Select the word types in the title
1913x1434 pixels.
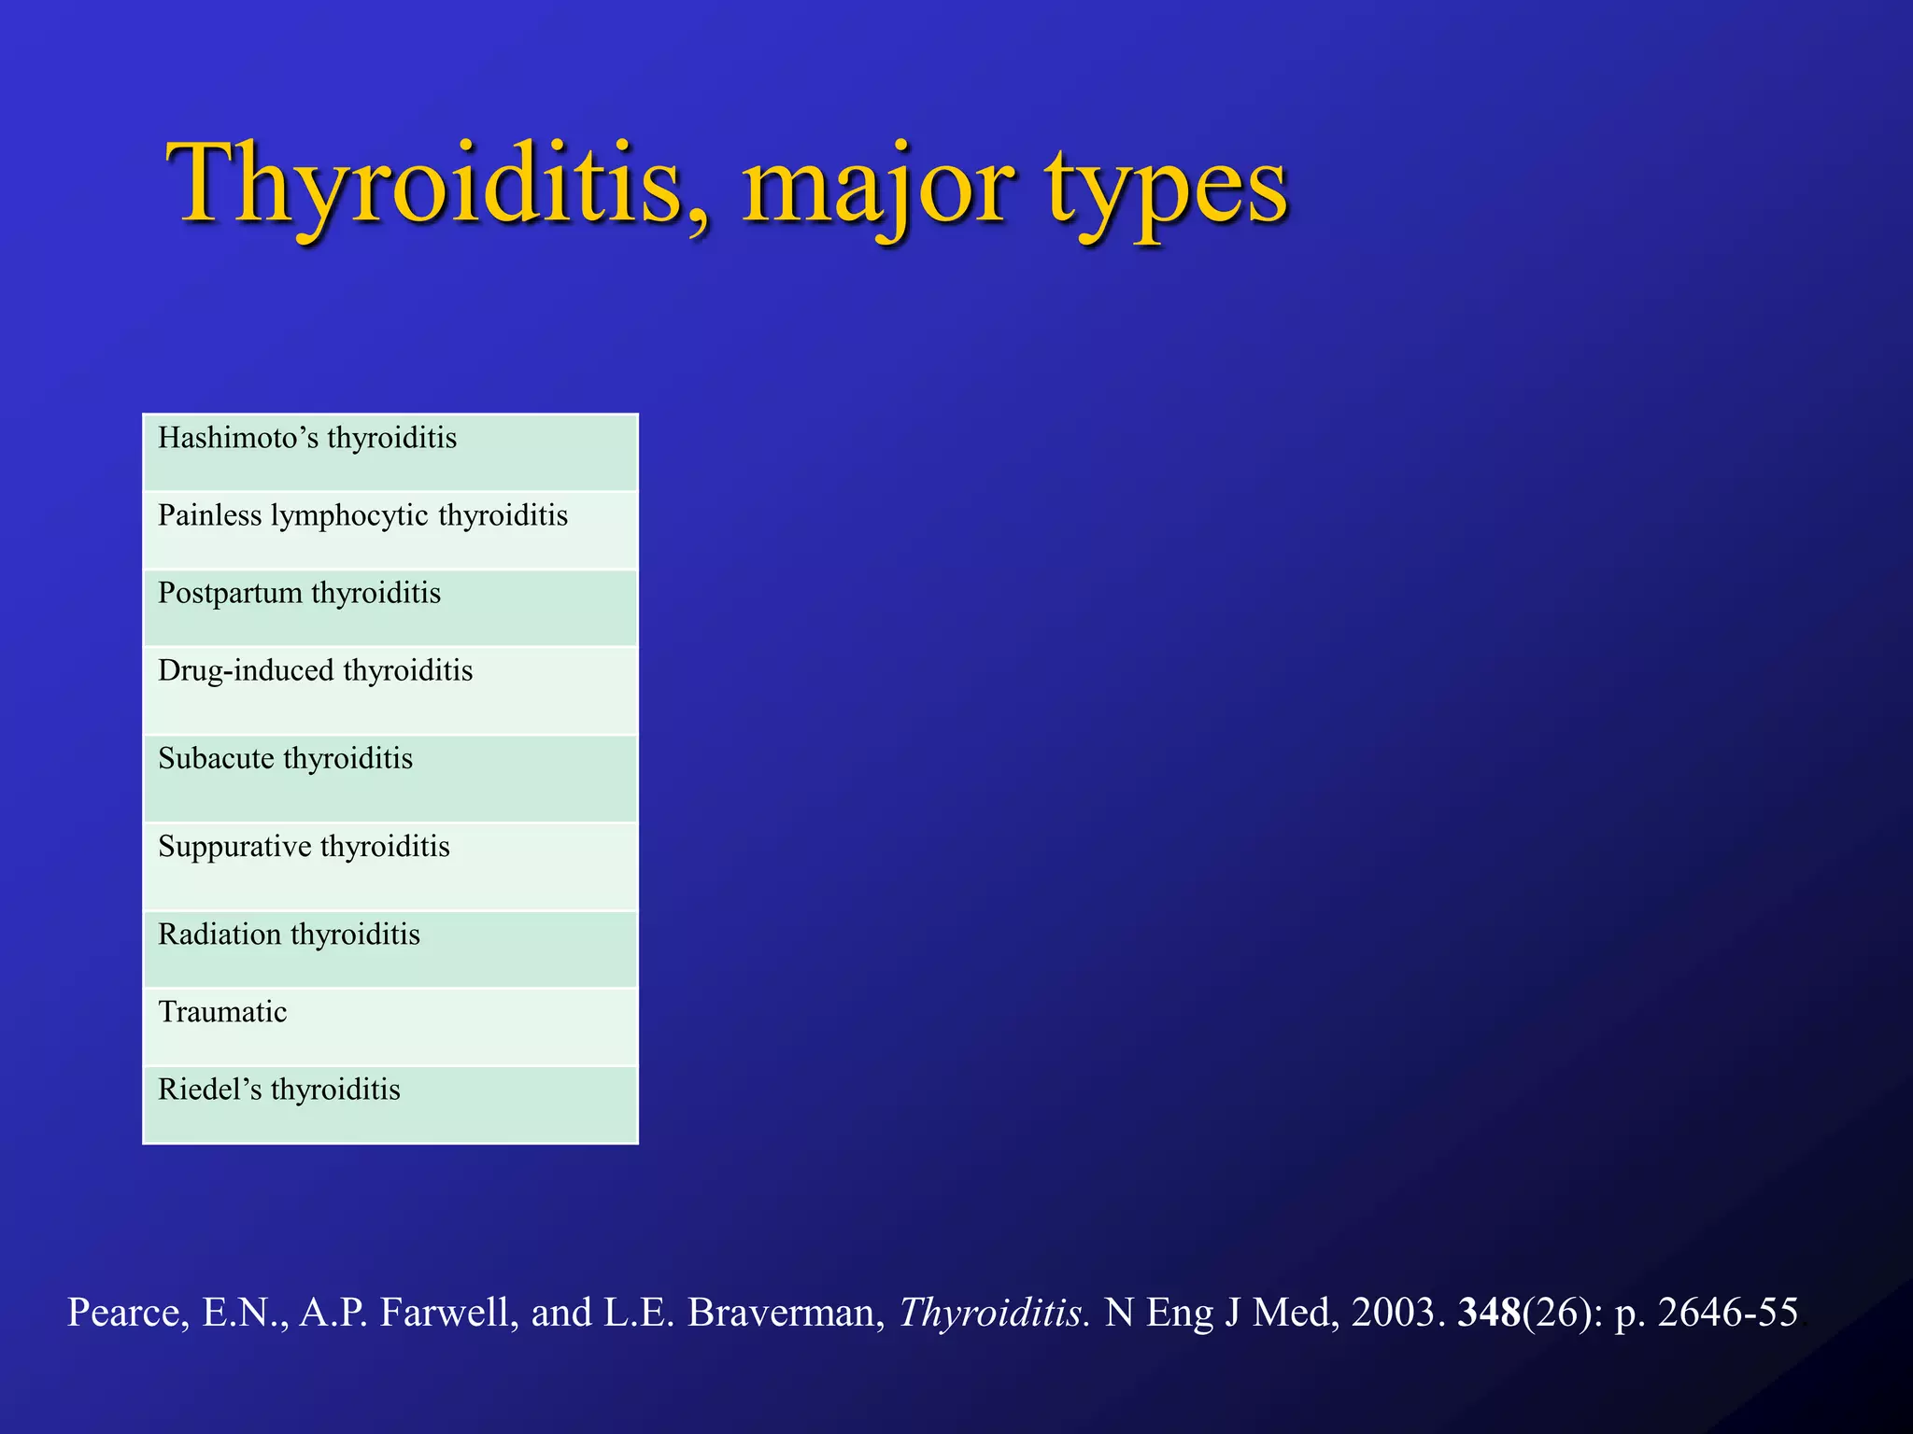point(1168,191)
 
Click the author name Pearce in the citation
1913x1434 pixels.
point(126,1313)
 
